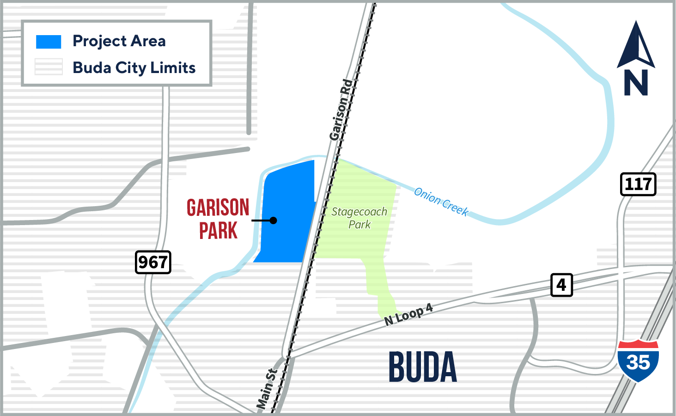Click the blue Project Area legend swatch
[x=49, y=42]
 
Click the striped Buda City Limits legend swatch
[x=49, y=67]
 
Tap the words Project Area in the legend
[x=119, y=41]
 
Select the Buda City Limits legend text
[x=134, y=68]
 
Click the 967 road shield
[x=153, y=262]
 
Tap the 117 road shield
[x=638, y=184]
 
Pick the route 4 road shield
[x=561, y=285]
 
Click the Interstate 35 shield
[x=638, y=361]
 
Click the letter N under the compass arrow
[x=636, y=83]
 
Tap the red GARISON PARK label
[x=218, y=219]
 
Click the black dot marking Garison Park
[x=274, y=220]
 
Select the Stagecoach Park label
[x=359, y=218]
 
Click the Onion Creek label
[x=441, y=202]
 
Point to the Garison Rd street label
[x=341, y=110]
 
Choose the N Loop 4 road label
[x=408, y=315]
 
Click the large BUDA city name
[x=422, y=367]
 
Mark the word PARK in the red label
[x=218, y=231]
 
